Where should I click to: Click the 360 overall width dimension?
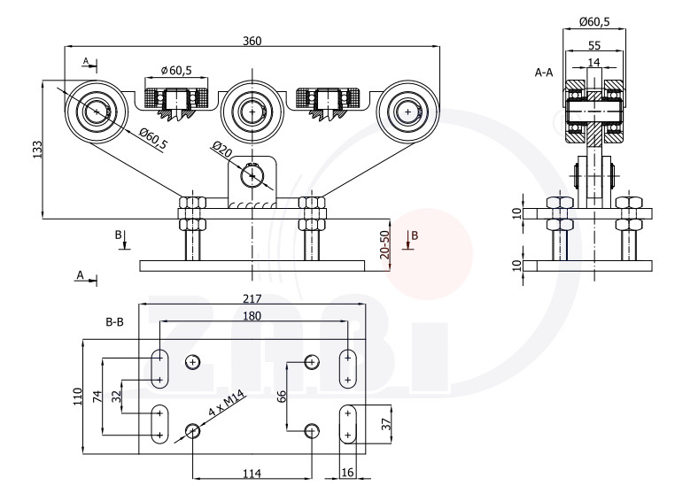click(x=252, y=41)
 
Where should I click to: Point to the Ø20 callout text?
click(x=221, y=150)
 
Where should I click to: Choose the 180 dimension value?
click(x=252, y=317)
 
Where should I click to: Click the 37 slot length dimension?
click(x=386, y=424)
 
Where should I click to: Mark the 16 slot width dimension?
click(x=347, y=474)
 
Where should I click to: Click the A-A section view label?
click(x=544, y=73)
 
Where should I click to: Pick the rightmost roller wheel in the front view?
click(x=407, y=112)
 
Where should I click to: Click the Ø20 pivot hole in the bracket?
click(x=254, y=174)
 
